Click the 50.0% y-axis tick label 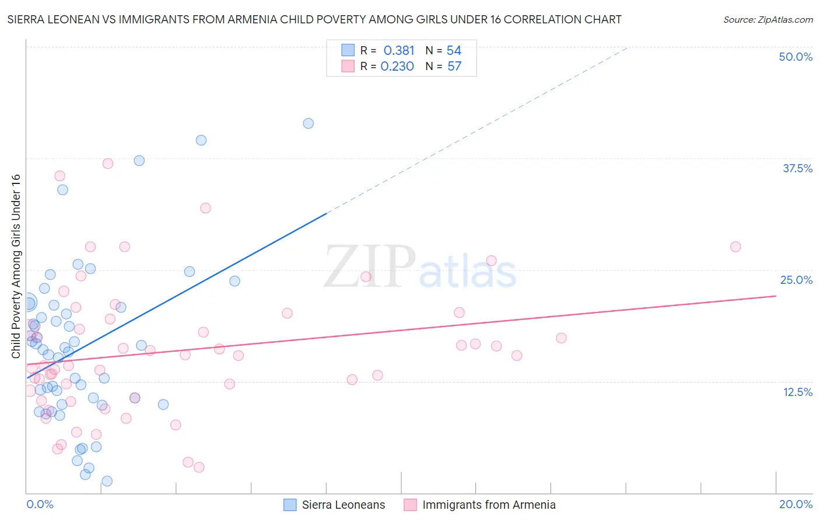click(795, 57)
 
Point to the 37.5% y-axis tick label click(797, 168)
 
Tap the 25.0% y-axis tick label click(796, 280)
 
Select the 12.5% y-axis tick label click(797, 392)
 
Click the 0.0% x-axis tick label click(40, 504)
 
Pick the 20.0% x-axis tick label click(796, 504)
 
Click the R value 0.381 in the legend click(399, 50)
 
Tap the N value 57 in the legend click(454, 66)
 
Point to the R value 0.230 click(397, 66)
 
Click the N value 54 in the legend click(454, 50)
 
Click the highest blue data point click(309, 123)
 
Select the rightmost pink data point click(735, 247)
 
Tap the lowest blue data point click(107, 481)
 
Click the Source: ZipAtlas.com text click(768, 20)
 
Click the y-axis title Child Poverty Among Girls click(16, 266)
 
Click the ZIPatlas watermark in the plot click(420, 268)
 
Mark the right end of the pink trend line click(776, 296)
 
